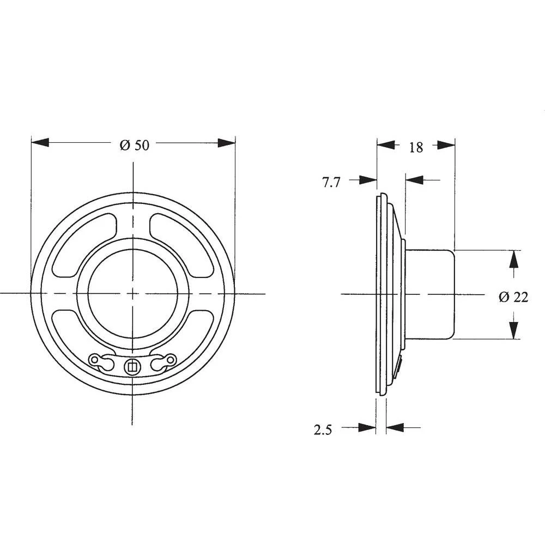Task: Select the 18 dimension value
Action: [415, 147]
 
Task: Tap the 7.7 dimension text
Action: [331, 183]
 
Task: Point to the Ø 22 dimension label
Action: [513, 297]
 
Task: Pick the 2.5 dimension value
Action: [323, 430]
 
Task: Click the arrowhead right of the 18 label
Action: [446, 145]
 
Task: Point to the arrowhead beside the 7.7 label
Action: [368, 180]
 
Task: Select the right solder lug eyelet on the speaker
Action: [171, 359]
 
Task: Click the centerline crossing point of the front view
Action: [133, 293]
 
